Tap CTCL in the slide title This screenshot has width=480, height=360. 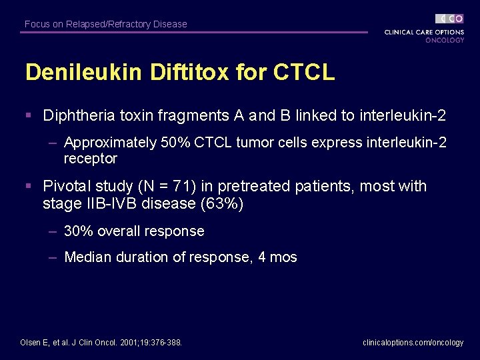tap(304, 73)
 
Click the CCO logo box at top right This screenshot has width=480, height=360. tap(450, 19)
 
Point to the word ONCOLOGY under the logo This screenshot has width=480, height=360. tap(445, 40)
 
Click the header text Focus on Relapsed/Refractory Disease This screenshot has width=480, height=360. tap(106, 24)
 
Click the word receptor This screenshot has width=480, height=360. tap(91, 159)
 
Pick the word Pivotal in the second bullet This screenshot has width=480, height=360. tap(65, 187)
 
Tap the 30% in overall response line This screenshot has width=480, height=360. tap(78, 231)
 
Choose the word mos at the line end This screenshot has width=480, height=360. tap(283, 257)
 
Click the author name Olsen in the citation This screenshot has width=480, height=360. tap(33, 343)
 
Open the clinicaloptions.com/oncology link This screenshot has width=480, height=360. tap(413, 343)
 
